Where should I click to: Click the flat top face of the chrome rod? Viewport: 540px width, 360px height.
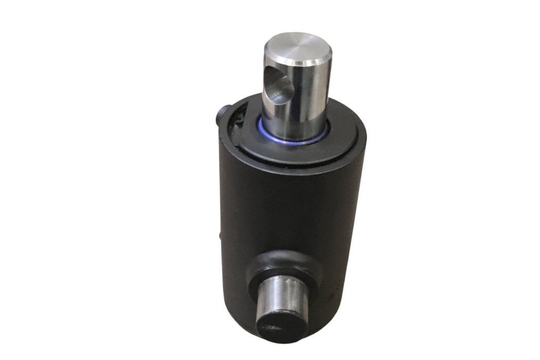[x=298, y=48]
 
